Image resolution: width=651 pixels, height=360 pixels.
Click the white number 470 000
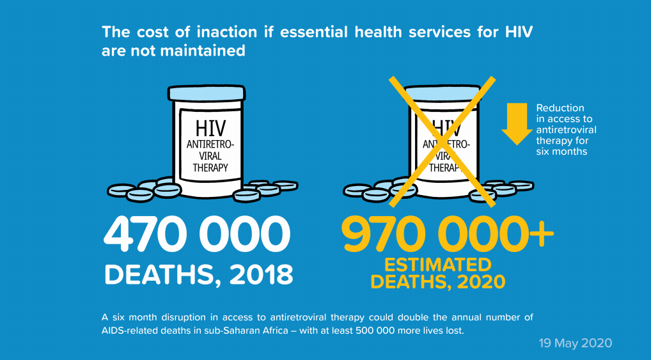point(197,235)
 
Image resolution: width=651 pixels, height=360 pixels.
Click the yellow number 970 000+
point(447,235)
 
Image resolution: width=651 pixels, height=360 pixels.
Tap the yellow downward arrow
point(514,123)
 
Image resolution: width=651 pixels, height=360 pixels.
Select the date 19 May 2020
point(574,343)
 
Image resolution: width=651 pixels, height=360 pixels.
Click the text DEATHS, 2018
point(199,274)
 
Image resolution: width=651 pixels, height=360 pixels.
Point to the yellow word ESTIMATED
point(437,265)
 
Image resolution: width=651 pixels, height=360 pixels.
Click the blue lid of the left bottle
point(206,93)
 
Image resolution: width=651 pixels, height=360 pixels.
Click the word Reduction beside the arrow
point(560,108)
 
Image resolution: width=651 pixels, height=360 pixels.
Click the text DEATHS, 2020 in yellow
point(437,281)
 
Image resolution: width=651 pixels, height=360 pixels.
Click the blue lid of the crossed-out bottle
point(443,93)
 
